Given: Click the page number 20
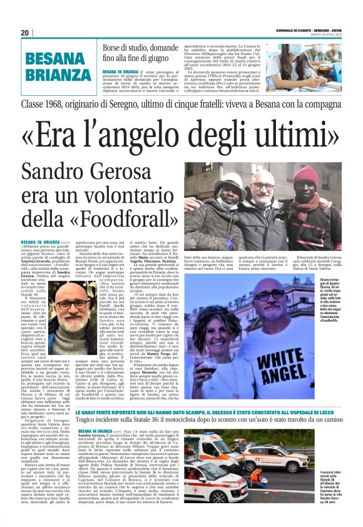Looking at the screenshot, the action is (25, 33).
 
